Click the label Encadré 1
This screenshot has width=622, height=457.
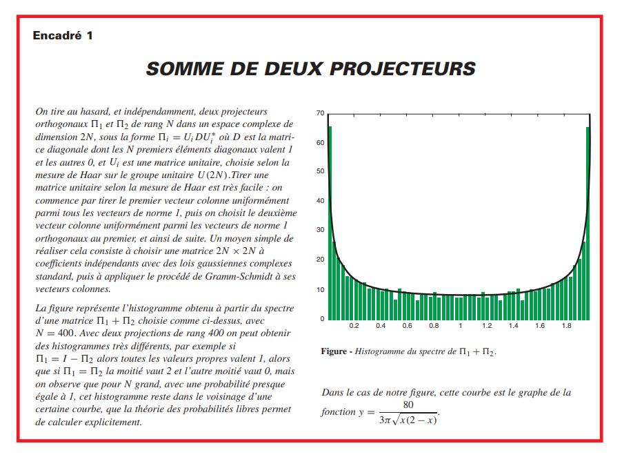62,35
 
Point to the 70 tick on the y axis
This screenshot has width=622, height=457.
320,113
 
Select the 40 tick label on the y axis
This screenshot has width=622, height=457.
320,201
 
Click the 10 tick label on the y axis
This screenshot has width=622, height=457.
320,289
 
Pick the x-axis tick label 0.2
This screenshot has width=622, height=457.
354,325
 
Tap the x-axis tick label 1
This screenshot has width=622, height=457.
460,325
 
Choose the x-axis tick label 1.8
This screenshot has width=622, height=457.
566,325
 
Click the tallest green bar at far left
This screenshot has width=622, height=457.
330,221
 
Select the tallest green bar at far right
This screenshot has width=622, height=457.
588,221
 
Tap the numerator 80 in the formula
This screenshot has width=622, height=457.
408,405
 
